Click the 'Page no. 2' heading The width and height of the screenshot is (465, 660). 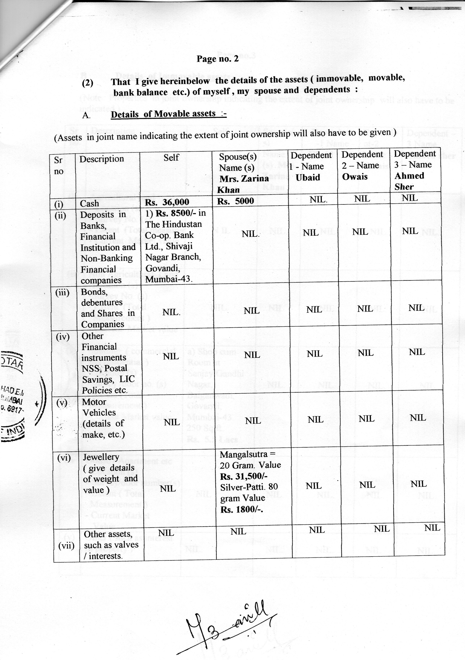tap(218, 59)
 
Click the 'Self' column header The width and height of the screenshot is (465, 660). tap(171, 158)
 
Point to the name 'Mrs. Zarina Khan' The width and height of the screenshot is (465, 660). tap(244, 184)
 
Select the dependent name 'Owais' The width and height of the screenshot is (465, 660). tap(355, 176)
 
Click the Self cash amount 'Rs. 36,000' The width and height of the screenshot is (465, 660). tap(167, 202)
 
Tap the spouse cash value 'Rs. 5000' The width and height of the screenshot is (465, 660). tap(235, 201)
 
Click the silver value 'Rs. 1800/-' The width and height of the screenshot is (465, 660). tap(242, 510)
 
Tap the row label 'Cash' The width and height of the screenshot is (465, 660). tap(89, 204)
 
